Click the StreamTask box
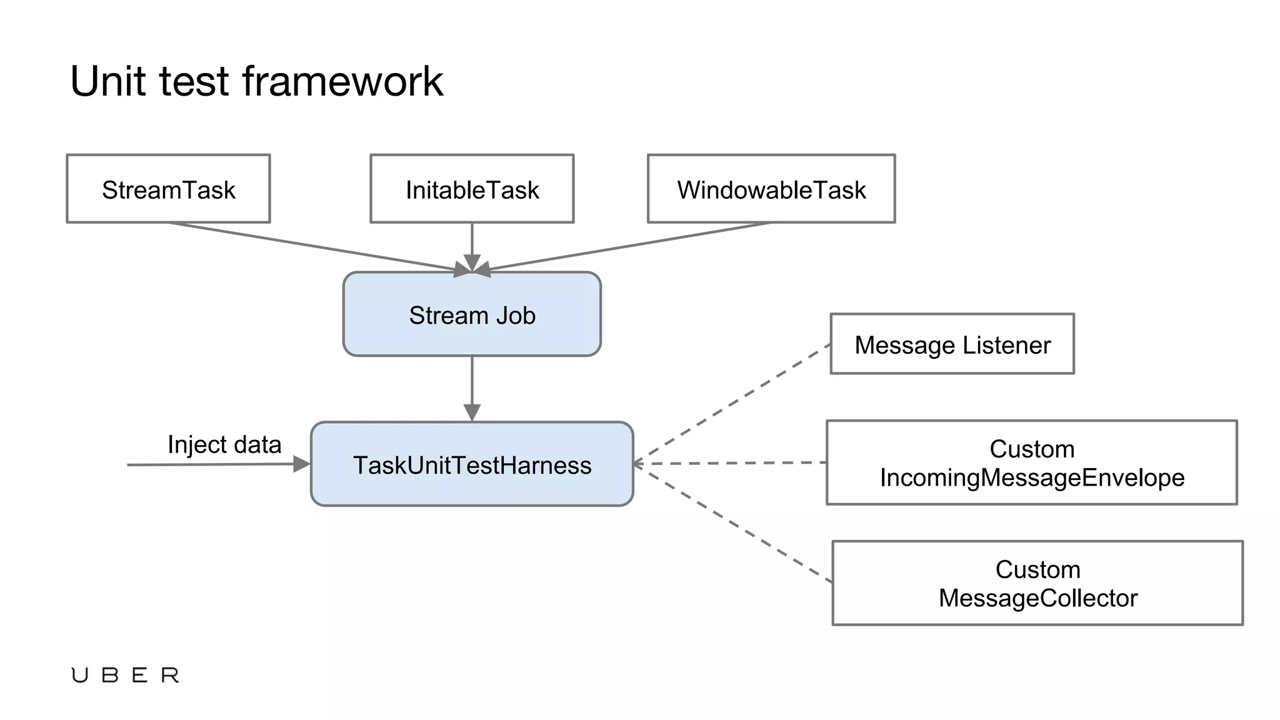(168, 189)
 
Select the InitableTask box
(472, 189)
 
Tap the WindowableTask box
(771, 189)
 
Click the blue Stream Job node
(472, 314)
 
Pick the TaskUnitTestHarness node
(472, 464)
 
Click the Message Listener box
(952, 344)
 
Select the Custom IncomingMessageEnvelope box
(1031, 462)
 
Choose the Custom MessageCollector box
(1037, 583)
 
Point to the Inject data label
(224, 444)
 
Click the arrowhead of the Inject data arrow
(302, 464)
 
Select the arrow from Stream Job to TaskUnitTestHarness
(472, 384)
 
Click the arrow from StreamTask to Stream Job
(312, 246)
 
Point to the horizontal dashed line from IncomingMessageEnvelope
(731, 463)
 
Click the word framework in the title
(342, 81)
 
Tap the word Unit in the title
(109, 81)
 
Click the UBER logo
(125, 675)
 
